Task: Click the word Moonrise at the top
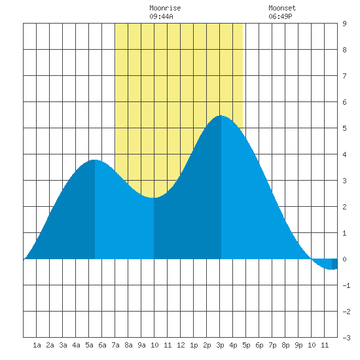[165, 8]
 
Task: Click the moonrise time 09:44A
[161, 16]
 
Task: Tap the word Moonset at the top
[282, 8]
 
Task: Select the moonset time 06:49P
[280, 16]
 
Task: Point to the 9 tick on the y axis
[344, 24]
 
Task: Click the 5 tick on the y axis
[344, 128]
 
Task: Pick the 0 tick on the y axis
[344, 259]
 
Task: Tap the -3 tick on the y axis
[346, 338]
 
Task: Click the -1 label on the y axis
[346, 285]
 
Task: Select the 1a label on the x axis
[37, 345]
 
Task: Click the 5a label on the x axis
[89, 345]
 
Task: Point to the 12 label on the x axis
[181, 345]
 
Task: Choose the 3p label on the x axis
[220, 345]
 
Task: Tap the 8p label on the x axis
[285, 345]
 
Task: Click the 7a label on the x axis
[115, 345]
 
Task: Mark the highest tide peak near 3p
[221, 116]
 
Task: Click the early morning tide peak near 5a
[94, 160]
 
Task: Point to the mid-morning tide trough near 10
[154, 198]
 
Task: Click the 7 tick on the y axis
[344, 76]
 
